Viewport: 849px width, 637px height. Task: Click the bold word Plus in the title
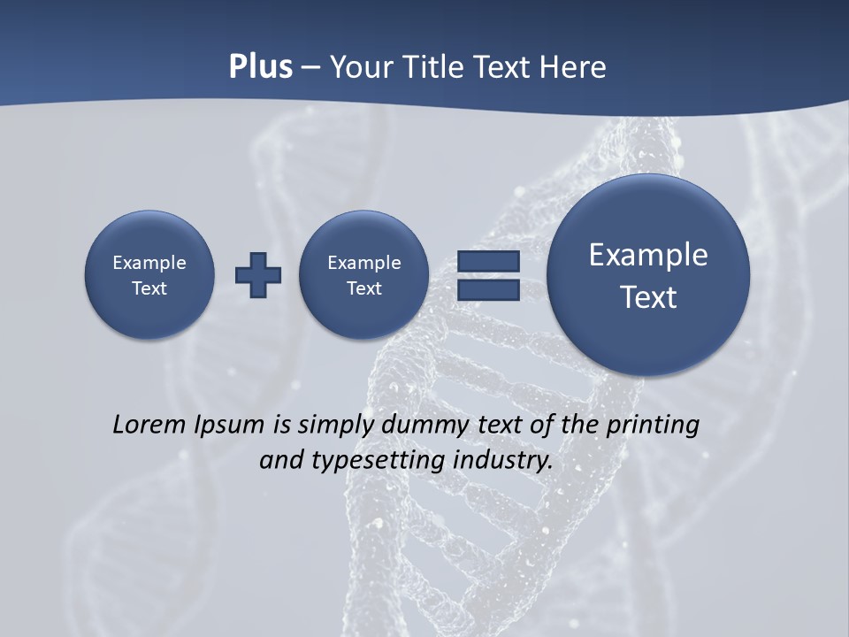pos(260,67)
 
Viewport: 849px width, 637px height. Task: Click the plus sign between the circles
pos(258,275)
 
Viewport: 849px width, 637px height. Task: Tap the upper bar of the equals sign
pos(488,261)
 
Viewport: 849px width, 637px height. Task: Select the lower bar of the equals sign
pos(488,289)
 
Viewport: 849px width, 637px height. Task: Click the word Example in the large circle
pos(648,255)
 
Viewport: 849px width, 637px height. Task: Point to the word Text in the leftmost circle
pos(149,288)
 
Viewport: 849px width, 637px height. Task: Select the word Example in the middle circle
pos(363,263)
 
